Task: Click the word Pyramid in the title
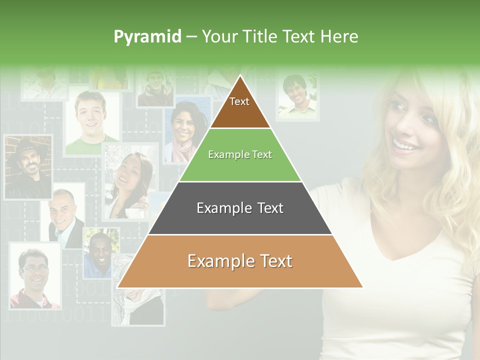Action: point(147,37)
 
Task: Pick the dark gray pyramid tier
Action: point(240,208)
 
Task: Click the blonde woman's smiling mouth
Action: point(405,145)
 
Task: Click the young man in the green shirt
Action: point(91,123)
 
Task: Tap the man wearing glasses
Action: point(34,275)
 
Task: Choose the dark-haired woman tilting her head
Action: point(127,180)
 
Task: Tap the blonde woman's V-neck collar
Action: point(400,250)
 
